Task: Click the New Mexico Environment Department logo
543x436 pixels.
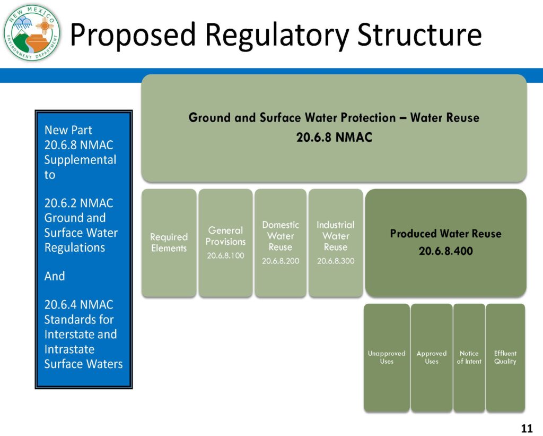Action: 32,33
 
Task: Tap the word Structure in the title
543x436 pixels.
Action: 419,35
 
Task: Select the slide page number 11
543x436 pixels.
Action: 527,429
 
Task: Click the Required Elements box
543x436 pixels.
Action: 169,243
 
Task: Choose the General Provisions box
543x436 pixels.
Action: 225,243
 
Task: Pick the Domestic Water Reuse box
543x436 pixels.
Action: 281,243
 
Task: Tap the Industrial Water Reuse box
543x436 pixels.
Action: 336,243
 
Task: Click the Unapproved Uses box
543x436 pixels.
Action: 387,357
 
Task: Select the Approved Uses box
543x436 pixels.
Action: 432,357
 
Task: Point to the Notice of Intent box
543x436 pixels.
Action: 469,357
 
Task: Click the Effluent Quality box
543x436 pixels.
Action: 505,357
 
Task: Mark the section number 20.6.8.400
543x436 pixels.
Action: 445,251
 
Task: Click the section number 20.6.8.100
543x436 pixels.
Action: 225,255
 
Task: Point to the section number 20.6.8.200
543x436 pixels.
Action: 281,261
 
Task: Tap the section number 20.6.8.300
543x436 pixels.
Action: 336,261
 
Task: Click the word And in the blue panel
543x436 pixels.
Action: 55,276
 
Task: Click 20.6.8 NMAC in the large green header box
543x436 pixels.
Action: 334,138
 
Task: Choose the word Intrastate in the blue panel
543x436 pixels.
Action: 69,349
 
